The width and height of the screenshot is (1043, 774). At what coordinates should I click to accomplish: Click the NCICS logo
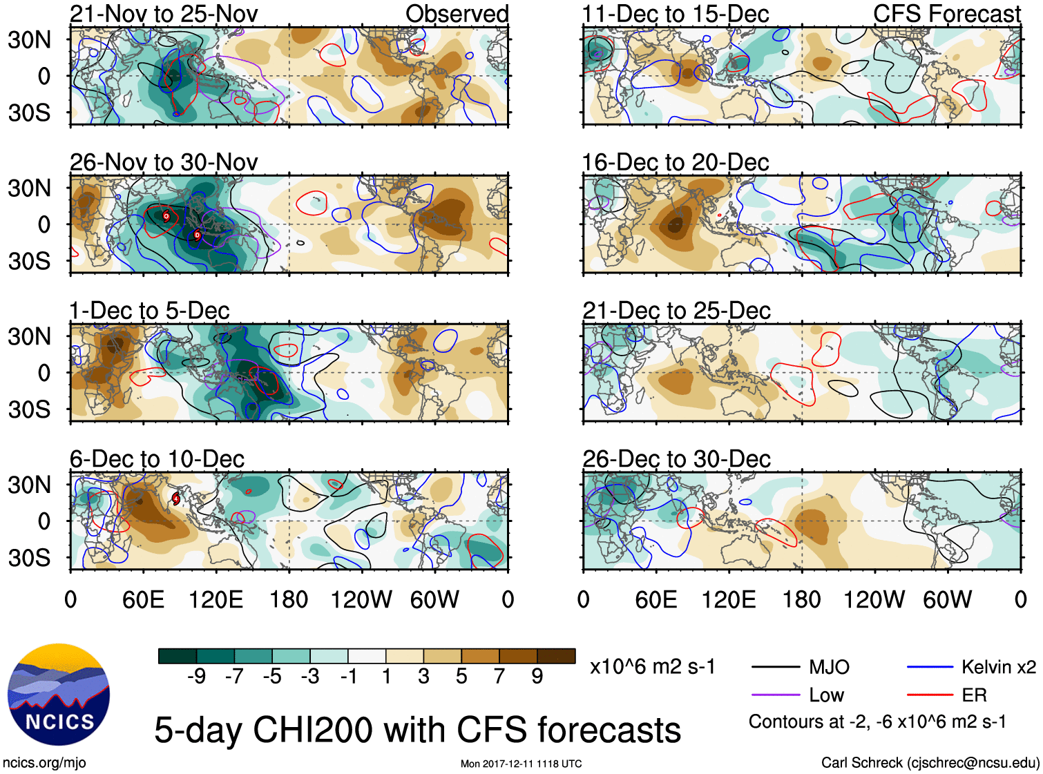[59, 695]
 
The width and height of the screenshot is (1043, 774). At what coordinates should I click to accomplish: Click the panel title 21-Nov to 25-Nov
[164, 14]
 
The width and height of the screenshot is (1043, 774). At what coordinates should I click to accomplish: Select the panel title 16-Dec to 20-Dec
[676, 163]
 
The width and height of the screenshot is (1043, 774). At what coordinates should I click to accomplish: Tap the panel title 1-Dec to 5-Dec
[149, 311]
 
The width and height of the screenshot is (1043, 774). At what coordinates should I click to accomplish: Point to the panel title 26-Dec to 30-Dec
[676, 459]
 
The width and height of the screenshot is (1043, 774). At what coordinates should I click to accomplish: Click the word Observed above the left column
[457, 14]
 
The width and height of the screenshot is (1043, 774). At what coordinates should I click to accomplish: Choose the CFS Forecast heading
[946, 14]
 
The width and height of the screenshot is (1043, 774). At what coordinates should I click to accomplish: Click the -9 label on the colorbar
[197, 677]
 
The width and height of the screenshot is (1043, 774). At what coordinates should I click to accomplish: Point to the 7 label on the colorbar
[499, 677]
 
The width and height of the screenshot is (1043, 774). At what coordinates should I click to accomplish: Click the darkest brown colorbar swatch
[556, 656]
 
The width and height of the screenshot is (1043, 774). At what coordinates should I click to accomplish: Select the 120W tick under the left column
[361, 599]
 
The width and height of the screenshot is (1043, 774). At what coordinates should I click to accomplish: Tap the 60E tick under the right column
[656, 599]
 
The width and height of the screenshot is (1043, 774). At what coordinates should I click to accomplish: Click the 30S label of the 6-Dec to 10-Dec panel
[29, 558]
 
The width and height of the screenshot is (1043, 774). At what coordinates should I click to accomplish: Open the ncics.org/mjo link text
[44, 763]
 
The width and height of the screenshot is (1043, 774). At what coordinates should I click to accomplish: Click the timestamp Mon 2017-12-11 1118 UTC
[521, 764]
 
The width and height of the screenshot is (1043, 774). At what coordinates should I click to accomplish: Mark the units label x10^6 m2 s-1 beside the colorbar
[652, 667]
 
